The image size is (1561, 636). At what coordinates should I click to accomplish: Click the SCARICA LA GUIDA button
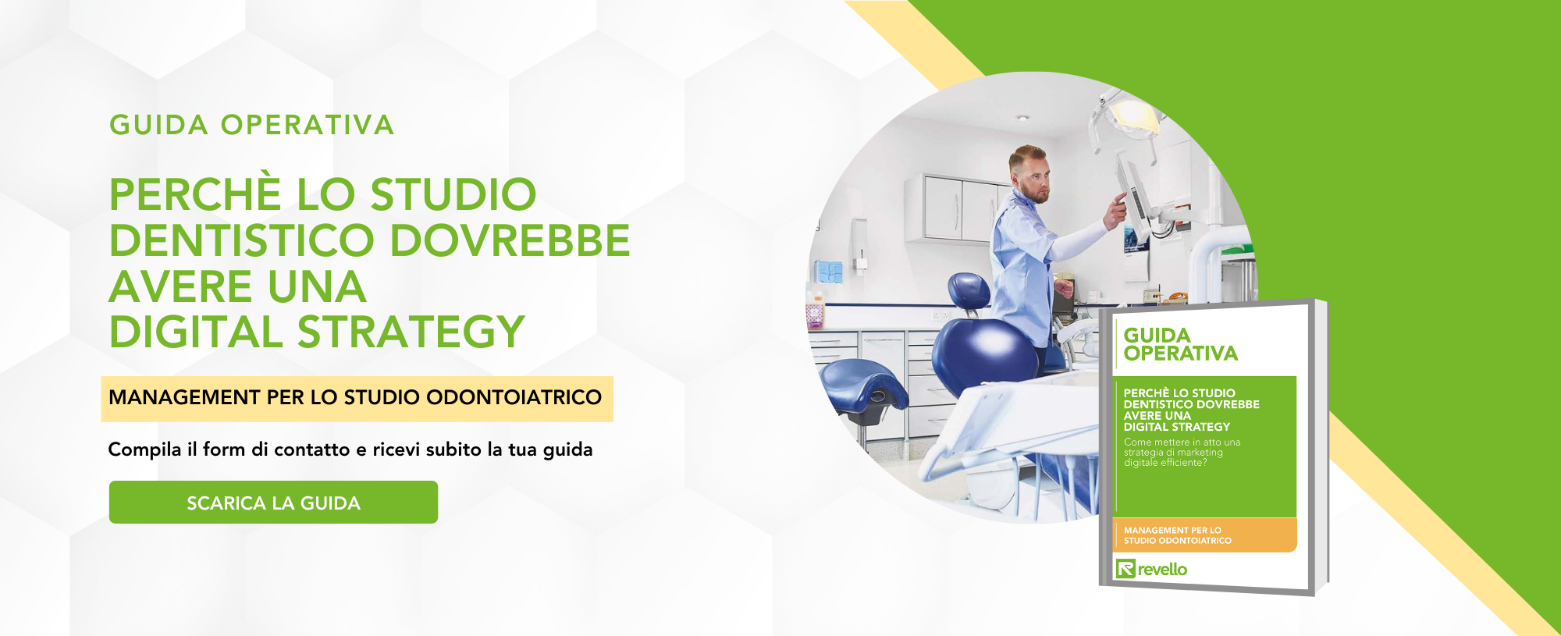[273, 503]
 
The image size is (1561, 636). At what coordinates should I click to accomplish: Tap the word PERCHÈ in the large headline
[195, 194]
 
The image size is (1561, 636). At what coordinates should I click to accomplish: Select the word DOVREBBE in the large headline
[509, 240]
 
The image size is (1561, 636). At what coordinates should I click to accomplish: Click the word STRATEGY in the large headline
[411, 332]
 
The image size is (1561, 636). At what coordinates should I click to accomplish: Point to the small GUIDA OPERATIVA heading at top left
[251, 125]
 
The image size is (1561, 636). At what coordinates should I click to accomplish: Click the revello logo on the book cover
[1151, 569]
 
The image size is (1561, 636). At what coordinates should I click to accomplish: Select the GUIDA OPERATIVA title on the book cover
[1179, 344]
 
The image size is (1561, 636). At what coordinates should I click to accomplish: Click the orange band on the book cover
[1206, 535]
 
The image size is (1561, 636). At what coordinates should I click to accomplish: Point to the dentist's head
[1028, 173]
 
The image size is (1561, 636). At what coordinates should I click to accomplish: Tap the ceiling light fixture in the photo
[1022, 118]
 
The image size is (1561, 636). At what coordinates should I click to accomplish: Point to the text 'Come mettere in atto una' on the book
[1182, 442]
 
